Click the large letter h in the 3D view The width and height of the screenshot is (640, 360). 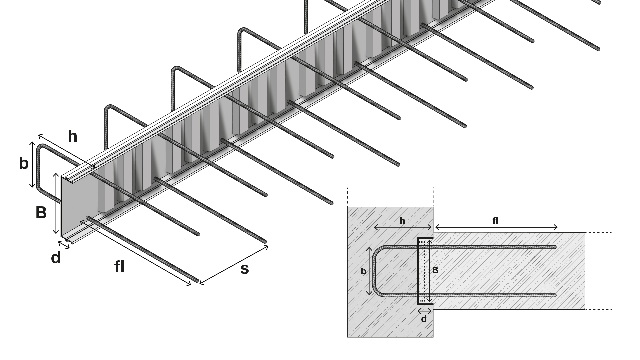tap(72, 136)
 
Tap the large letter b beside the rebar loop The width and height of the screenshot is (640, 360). tap(24, 163)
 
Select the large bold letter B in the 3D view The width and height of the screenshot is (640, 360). tap(41, 213)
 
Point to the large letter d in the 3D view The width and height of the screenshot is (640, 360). tap(56, 258)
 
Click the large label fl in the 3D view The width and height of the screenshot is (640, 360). tap(119, 267)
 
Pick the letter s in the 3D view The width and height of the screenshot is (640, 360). tap(244, 269)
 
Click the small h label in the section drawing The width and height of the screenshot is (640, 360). tap(402, 221)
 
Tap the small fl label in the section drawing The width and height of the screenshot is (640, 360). tap(495, 221)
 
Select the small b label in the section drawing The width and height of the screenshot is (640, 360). tap(364, 271)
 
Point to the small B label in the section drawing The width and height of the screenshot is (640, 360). tap(435, 270)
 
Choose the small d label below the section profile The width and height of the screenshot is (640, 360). tap(424, 319)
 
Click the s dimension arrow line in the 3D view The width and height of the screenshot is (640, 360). tap(234, 265)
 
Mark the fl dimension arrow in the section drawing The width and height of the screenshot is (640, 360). tap(496, 227)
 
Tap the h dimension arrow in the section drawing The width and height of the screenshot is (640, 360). tap(403, 227)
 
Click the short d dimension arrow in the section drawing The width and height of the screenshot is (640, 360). tap(425, 311)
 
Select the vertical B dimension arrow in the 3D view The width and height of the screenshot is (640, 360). tap(56, 203)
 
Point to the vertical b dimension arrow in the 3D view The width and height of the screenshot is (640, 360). tap(32, 164)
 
